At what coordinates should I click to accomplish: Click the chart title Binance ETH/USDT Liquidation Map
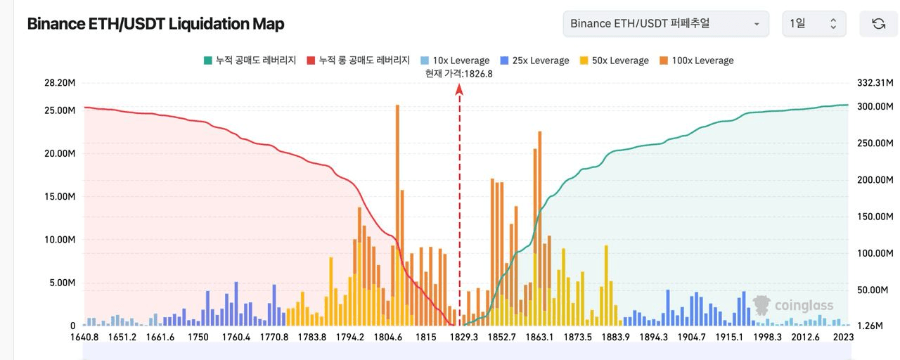155,24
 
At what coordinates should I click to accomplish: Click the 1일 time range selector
814,24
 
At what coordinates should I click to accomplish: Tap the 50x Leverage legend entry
613,60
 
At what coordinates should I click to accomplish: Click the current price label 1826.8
459,73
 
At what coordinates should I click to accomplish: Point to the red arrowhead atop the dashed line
460,89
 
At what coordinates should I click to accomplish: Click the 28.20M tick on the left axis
59,83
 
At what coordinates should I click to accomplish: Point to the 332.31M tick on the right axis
875,83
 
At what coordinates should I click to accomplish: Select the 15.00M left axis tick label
59,197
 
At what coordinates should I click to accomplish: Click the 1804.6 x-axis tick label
388,337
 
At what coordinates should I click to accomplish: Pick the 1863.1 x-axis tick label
539,337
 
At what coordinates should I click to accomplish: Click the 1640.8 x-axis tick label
84,337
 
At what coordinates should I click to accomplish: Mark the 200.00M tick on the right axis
875,180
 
